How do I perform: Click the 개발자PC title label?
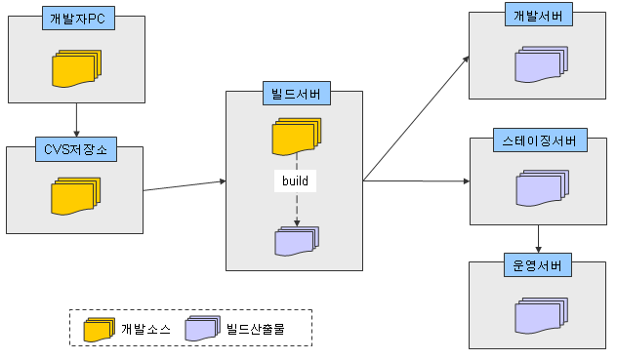[x=78, y=19]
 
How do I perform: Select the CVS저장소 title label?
[x=76, y=149]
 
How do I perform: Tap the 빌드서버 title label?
[x=297, y=94]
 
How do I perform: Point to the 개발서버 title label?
[x=539, y=15]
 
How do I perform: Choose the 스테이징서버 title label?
[x=540, y=140]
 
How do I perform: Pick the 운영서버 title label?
[x=538, y=265]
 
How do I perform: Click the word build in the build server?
[x=295, y=181]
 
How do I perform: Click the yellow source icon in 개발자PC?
[x=77, y=68]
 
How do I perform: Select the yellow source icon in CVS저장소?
[x=76, y=196]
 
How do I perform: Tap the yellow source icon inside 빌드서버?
[x=297, y=137]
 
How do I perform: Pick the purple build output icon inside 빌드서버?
[x=297, y=241]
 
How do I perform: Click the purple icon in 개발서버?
[x=542, y=64]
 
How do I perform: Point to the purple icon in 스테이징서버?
[x=543, y=188]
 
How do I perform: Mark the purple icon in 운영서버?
[x=542, y=315]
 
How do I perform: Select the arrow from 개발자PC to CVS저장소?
[x=76, y=120]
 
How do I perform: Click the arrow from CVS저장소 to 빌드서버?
[x=185, y=185]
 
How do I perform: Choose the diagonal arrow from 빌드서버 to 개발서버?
[x=416, y=118]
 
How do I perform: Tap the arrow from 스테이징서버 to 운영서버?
[x=538, y=239]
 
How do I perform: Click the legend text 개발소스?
[x=146, y=329]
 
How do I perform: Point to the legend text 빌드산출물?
[x=256, y=329]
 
